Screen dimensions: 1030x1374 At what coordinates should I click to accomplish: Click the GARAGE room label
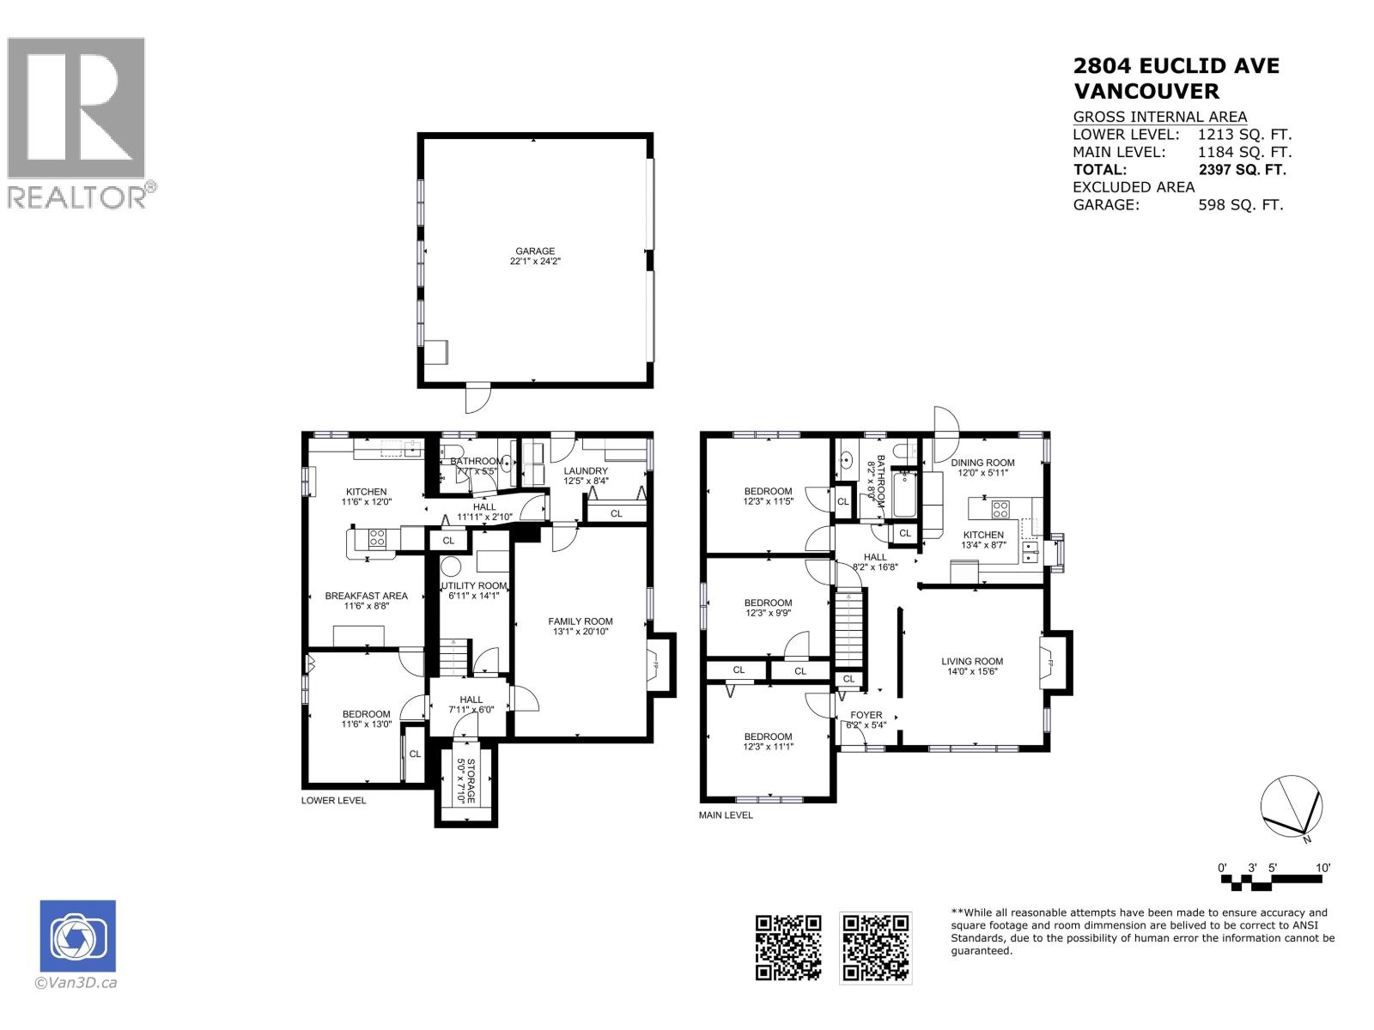(x=535, y=251)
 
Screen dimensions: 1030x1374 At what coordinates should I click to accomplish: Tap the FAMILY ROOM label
(x=581, y=621)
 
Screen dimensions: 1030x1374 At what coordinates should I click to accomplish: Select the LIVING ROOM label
(x=972, y=661)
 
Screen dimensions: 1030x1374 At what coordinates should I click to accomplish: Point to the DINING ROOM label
(x=982, y=463)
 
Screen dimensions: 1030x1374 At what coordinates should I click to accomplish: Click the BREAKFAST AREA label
(x=366, y=596)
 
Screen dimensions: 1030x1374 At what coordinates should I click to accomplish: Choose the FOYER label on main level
(x=866, y=715)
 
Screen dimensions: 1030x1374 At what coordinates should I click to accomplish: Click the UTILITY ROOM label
(x=474, y=585)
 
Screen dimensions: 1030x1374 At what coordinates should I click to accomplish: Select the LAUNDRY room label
(x=586, y=471)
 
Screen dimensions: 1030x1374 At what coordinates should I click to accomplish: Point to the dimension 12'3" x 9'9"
(x=768, y=614)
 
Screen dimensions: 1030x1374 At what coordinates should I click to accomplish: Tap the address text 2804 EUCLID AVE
(x=1176, y=66)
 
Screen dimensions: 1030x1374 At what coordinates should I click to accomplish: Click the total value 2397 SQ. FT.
(x=1242, y=170)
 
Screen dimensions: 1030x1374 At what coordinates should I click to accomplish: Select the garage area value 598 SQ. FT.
(x=1240, y=205)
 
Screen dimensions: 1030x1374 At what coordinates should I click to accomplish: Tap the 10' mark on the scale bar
(x=1322, y=868)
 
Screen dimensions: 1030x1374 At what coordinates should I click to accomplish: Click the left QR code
(x=787, y=948)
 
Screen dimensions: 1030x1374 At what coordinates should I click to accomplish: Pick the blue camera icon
(x=77, y=936)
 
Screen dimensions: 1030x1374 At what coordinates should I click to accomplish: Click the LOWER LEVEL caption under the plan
(x=333, y=800)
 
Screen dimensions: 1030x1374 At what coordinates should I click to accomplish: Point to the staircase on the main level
(x=848, y=628)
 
